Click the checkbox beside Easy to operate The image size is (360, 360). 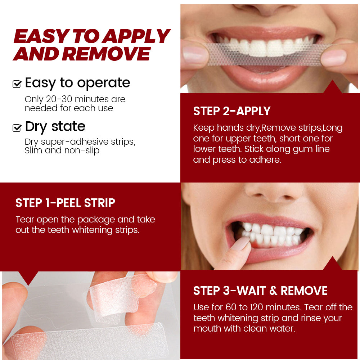[17, 84]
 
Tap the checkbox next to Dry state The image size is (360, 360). [17, 127]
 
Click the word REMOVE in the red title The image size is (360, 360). [108, 54]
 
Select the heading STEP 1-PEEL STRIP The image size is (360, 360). [65, 203]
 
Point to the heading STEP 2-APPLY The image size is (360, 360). [231, 111]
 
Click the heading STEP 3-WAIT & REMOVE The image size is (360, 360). [260, 291]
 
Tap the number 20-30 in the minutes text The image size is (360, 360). [59, 99]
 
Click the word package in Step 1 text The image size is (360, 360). [99, 220]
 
